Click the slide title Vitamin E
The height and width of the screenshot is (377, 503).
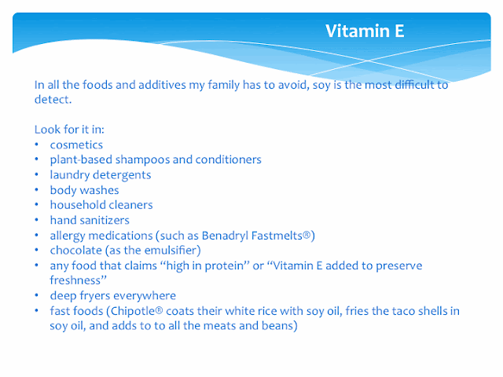(x=365, y=31)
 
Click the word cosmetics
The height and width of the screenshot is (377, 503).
(x=76, y=145)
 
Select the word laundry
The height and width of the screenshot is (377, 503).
(x=70, y=175)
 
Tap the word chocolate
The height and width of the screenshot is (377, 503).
(x=76, y=251)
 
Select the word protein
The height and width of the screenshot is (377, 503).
(x=224, y=266)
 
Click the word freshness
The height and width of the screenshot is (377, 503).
(x=75, y=280)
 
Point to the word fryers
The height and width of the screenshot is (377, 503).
(x=95, y=296)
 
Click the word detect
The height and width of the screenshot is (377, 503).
(x=52, y=100)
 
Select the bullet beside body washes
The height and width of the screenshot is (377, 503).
(x=37, y=190)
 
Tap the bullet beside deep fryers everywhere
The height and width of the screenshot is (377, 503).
(x=37, y=295)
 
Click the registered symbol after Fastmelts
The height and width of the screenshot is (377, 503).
(x=307, y=235)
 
